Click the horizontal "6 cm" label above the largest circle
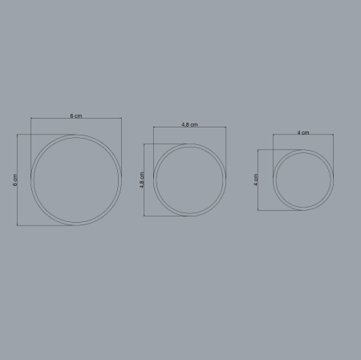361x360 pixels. (x=76, y=115)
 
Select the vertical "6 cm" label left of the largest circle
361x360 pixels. (x=14, y=180)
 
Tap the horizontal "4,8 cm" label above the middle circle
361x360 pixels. (x=189, y=124)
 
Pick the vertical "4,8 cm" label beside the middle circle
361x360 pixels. (x=142, y=180)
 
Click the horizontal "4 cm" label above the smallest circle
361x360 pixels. (x=302, y=132)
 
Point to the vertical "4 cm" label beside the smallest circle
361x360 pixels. (x=256, y=180)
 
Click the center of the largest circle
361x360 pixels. (x=77, y=180)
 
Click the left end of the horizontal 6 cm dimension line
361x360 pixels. (x=32, y=119)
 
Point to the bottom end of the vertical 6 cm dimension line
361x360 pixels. (x=18, y=225)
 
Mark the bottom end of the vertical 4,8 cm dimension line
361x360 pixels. (x=144, y=216)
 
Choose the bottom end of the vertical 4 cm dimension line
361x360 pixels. (x=259, y=210)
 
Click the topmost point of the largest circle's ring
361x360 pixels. (x=77, y=136)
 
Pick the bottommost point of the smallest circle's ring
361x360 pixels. (x=302, y=210)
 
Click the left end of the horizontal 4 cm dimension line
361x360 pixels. (x=273, y=136)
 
